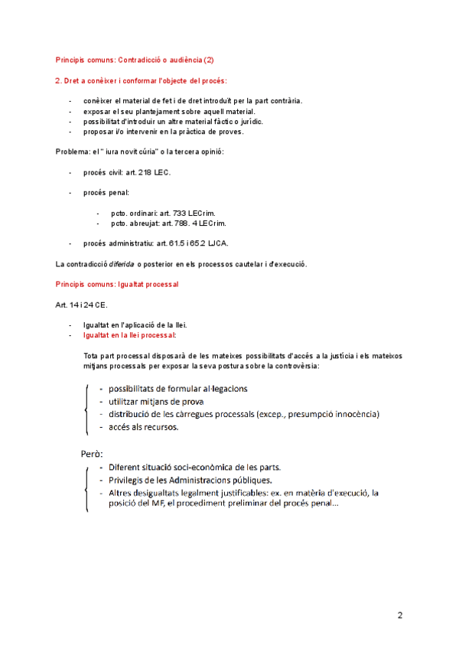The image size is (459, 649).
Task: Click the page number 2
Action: pos(399,615)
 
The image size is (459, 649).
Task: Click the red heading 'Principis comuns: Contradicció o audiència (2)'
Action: pos(135,59)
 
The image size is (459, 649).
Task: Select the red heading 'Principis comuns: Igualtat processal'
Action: pos(117,284)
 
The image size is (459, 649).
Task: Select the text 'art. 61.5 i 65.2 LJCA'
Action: pos(192,243)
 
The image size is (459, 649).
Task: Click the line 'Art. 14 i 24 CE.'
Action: pos(81,305)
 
